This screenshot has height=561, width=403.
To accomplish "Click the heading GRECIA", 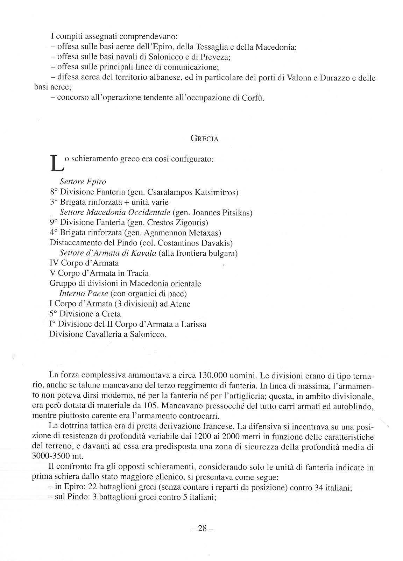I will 204,139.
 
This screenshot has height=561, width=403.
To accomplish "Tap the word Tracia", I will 137,273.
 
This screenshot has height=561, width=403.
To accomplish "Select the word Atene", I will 180,304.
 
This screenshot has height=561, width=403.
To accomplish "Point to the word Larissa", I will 193,324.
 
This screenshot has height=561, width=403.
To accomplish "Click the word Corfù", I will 252,98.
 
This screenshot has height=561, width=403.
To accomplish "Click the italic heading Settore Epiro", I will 83,182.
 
